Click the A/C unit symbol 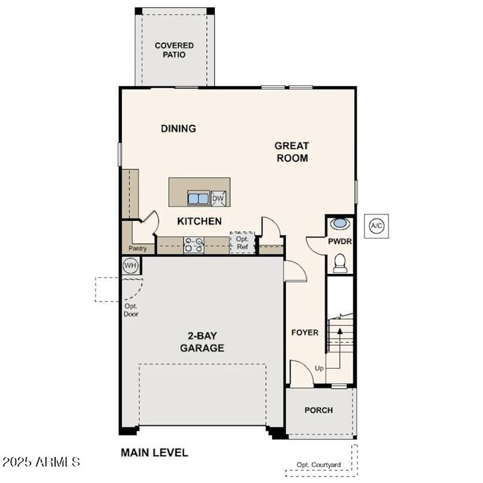pyautogui.click(x=376, y=226)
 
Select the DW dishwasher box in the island pyautogui.click(x=218, y=199)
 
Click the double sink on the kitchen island pyautogui.click(x=198, y=199)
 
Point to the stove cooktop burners pyautogui.click(x=193, y=245)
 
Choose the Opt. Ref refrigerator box pyautogui.click(x=242, y=243)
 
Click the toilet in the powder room pyautogui.click(x=340, y=263)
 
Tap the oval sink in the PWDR pyautogui.click(x=340, y=224)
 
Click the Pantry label pyautogui.click(x=138, y=249)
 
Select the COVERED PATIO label pyautogui.click(x=174, y=50)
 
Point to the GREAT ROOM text pyautogui.click(x=292, y=152)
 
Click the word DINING pyautogui.click(x=178, y=128)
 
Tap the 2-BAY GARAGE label pyautogui.click(x=202, y=342)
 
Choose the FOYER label pyautogui.click(x=305, y=333)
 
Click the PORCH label pyautogui.click(x=318, y=410)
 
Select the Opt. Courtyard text pyautogui.click(x=319, y=465)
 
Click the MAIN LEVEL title pyautogui.click(x=154, y=453)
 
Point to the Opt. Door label pyautogui.click(x=131, y=310)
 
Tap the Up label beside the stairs pyautogui.click(x=319, y=368)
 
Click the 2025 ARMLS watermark pyautogui.click(x=41, y=461)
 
